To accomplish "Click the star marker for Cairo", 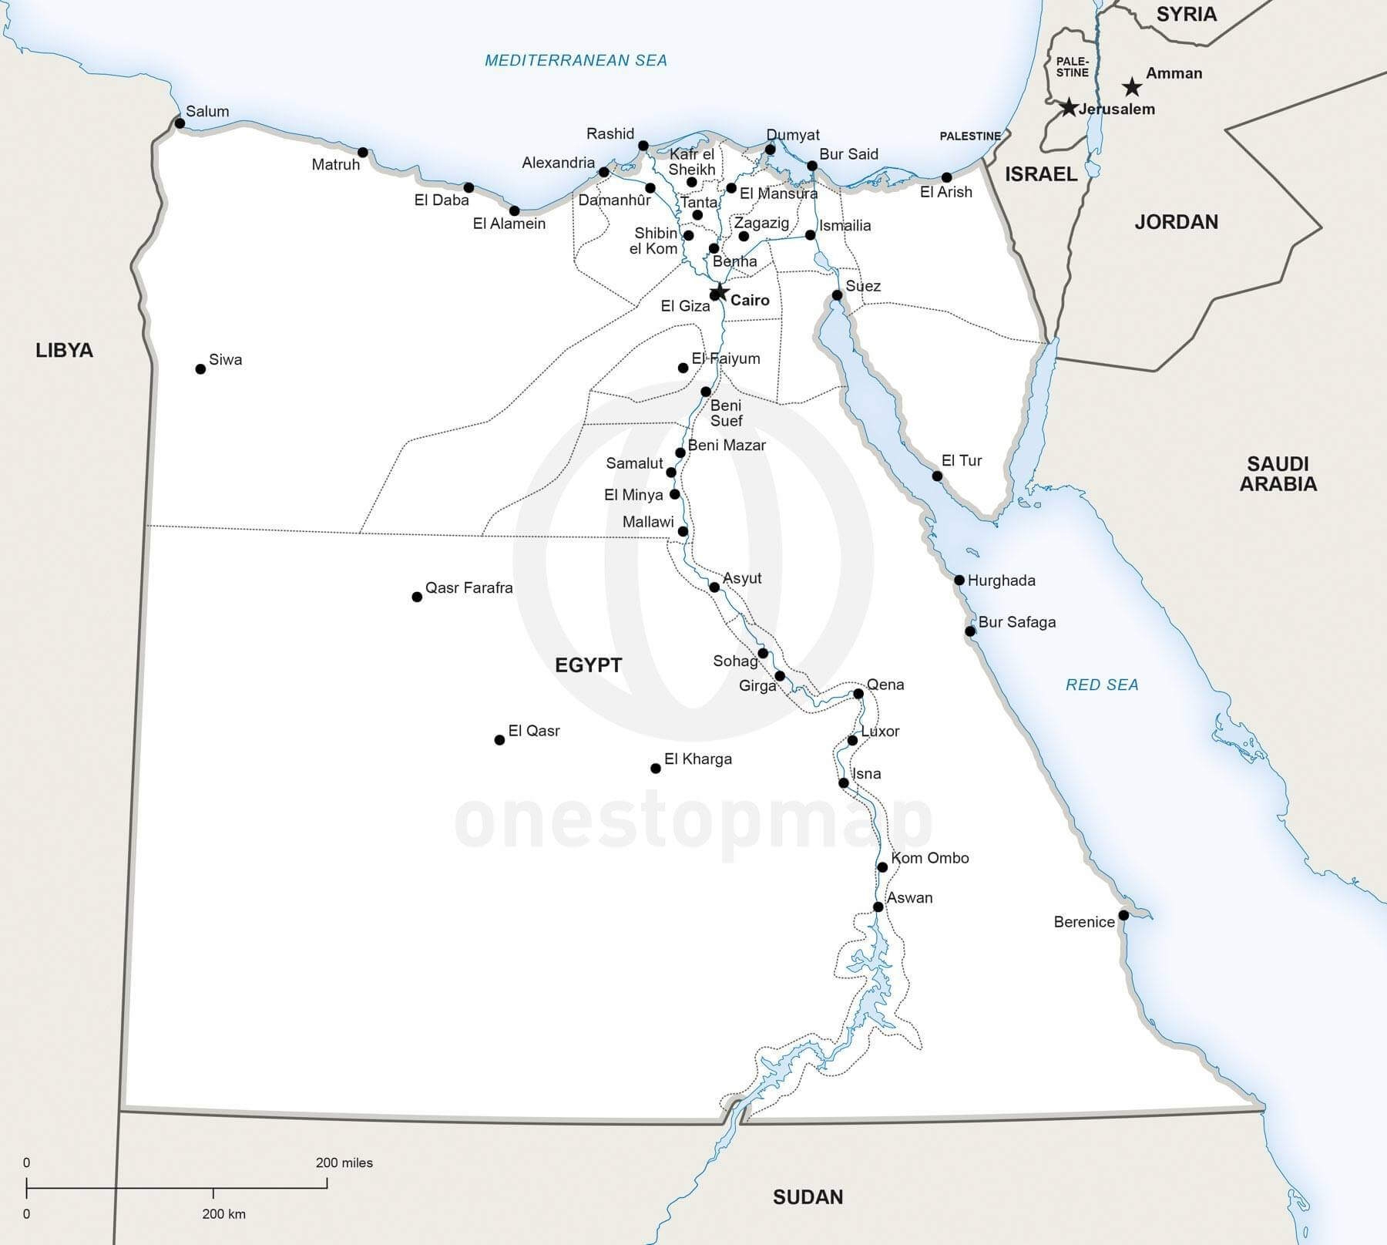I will (720, 291).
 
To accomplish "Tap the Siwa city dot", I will (200, 369).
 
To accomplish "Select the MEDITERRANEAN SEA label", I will (576, 60).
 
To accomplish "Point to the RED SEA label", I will (1101, 685).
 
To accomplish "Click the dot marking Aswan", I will (878, 907).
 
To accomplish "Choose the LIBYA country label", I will (65, 350).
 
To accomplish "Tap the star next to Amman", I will (1131, 86).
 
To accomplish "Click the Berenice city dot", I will (1123, 915).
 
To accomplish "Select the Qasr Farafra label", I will (468, 587).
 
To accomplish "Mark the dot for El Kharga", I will (656, 768).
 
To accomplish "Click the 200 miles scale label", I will (344, 1163).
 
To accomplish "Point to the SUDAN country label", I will (808, 1196).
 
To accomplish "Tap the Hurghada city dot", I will (959, 580).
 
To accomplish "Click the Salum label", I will (207, 111).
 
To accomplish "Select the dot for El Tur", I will (937, 476).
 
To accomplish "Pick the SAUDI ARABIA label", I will (1278, 473).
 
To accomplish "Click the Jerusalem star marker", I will (1068, 107).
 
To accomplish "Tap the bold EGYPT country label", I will (588, 665).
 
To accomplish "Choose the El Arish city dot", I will (946, 177).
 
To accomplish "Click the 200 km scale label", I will (223, 1213).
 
